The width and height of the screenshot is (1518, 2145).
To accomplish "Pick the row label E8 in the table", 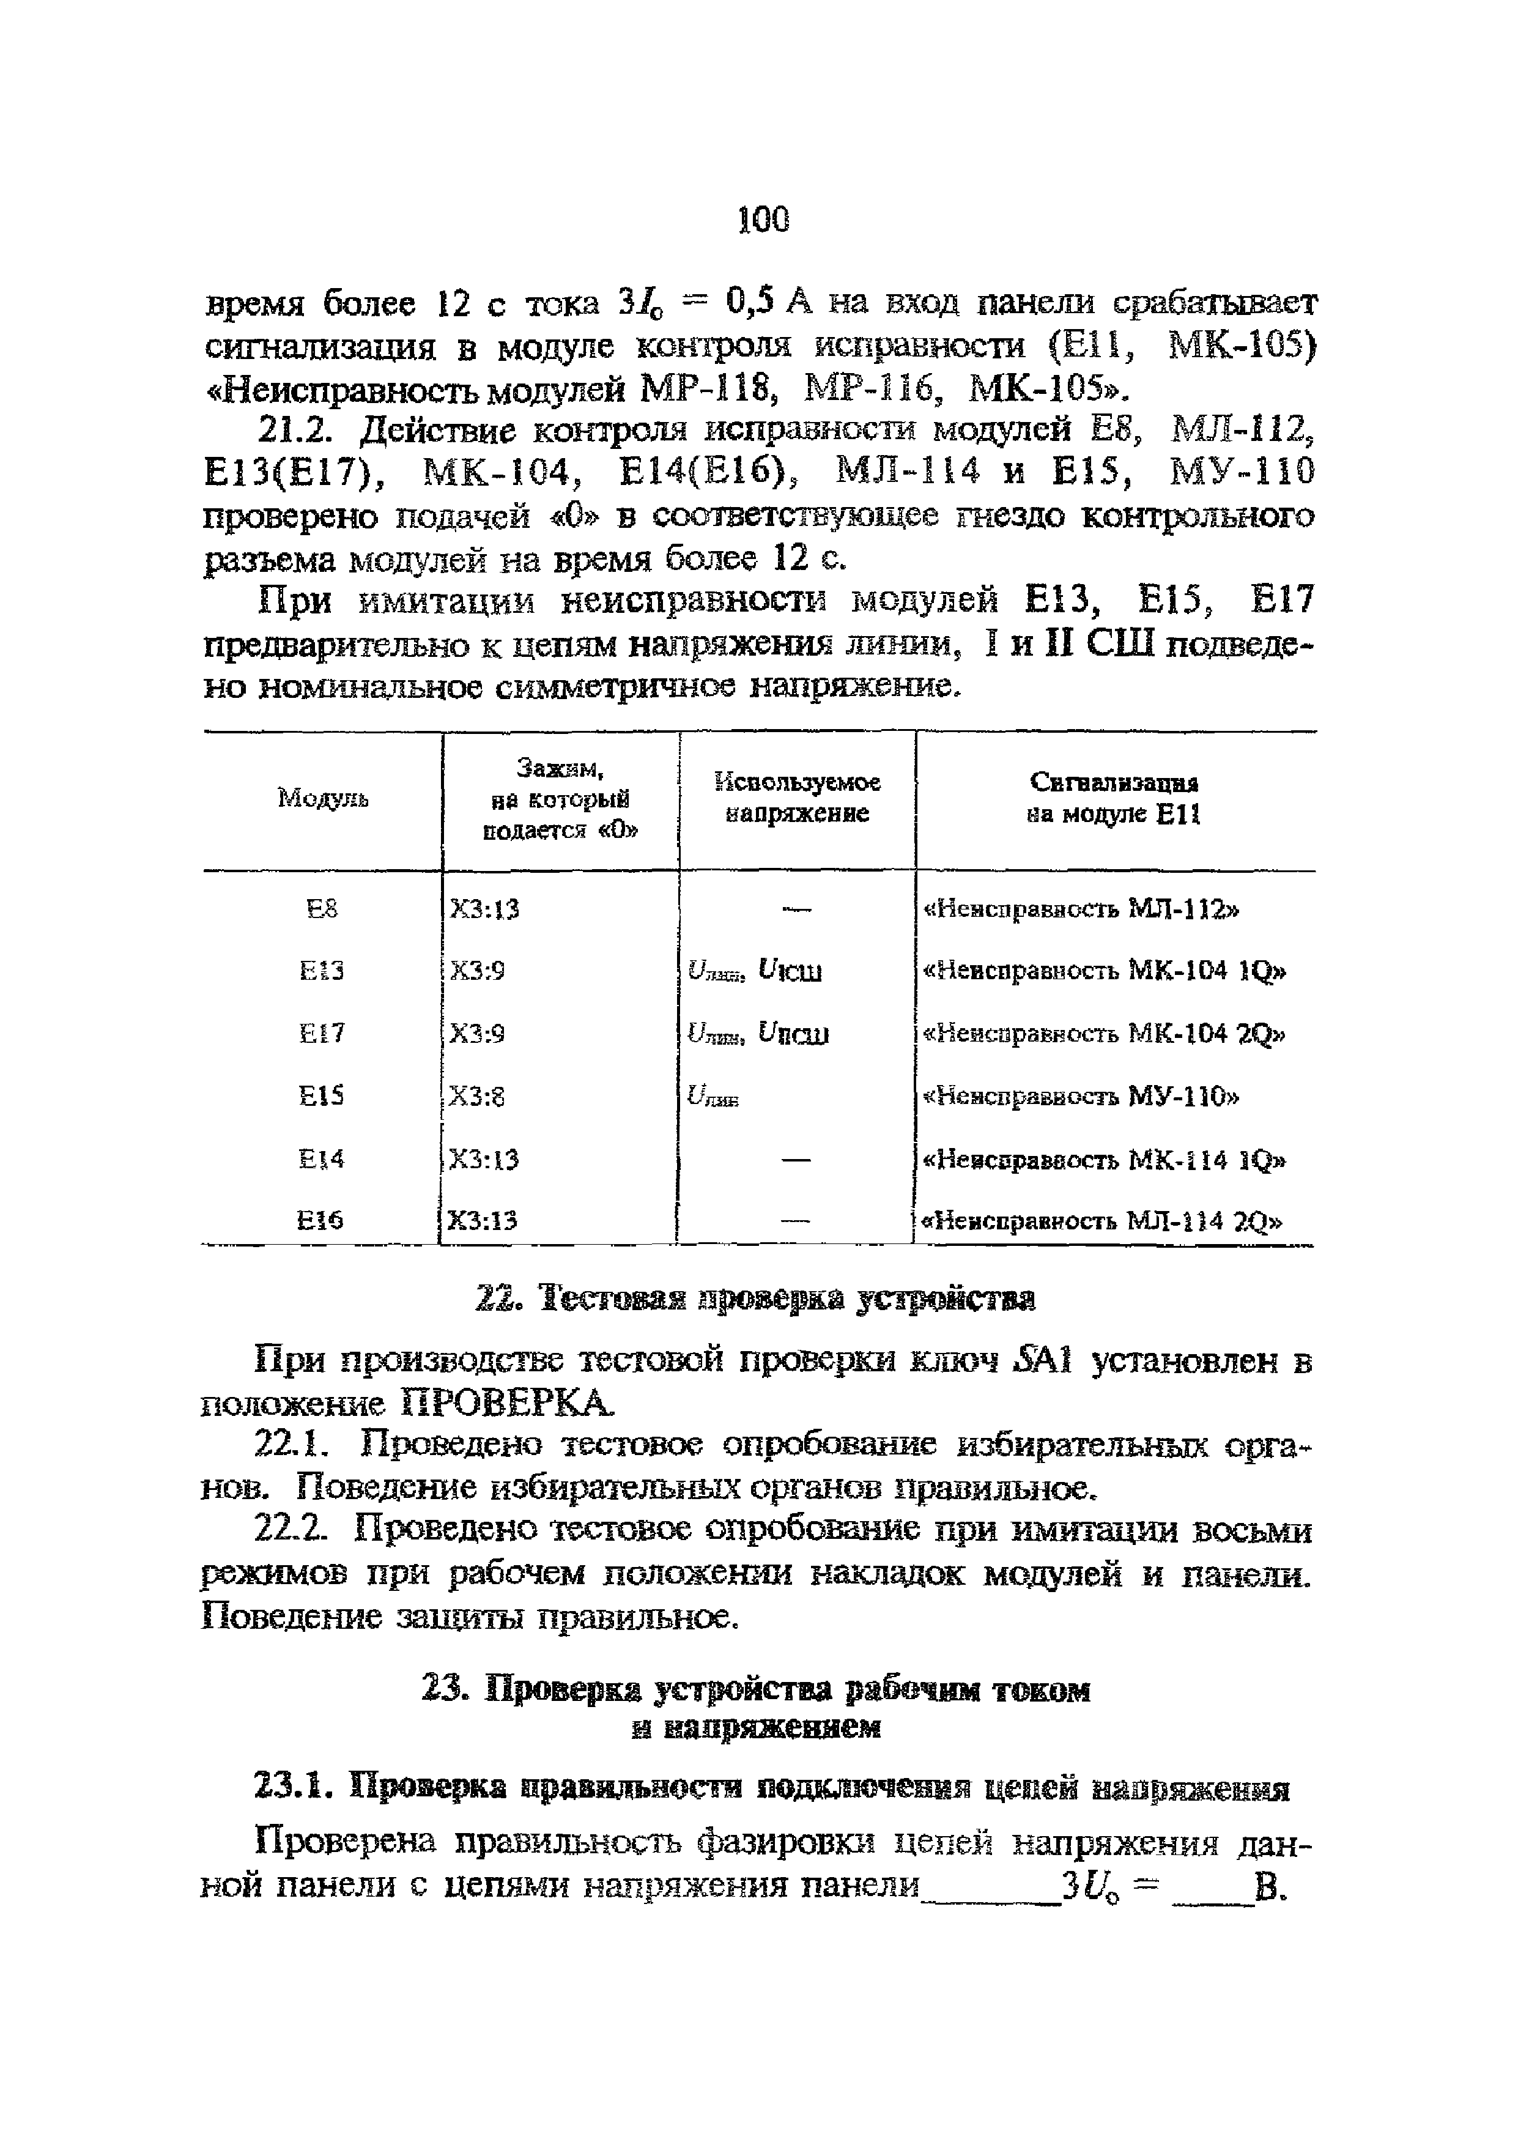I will coord(322,908).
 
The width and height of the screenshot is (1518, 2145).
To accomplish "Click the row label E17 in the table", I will coord(322,1033).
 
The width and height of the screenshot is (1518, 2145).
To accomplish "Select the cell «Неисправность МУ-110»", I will coord(1081,1095).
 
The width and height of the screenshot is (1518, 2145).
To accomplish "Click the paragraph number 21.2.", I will coord(295,430).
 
